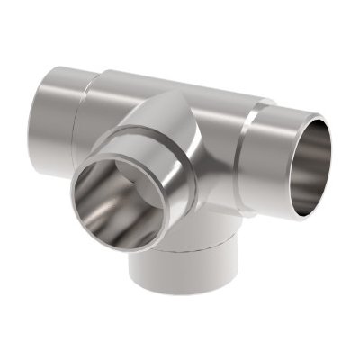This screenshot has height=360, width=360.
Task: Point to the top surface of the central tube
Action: (x=171, y=83)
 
